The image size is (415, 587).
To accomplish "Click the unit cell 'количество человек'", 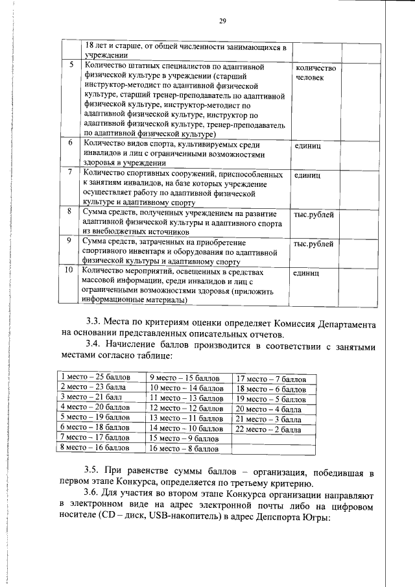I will pyautogui.click(x=315, y=73).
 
